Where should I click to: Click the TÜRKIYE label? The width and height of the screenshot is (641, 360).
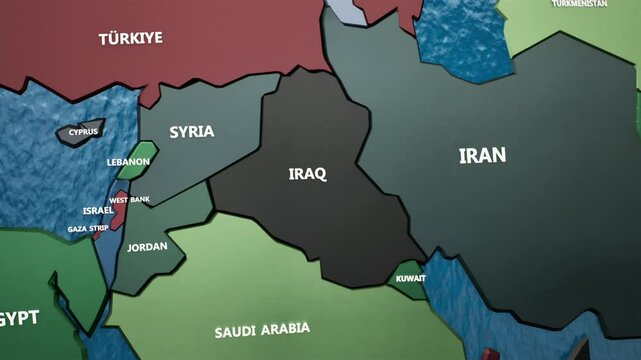coord(130,39)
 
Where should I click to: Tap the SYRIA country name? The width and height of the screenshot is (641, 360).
coord(191,131)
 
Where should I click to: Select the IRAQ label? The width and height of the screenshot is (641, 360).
coord(307,174)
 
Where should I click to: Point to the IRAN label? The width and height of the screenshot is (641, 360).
coord(482,155)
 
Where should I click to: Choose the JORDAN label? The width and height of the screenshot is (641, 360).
coord(148,247)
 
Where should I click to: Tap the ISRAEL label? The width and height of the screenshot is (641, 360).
coord(98,211)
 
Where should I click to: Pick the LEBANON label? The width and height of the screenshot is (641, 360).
coord(128,162)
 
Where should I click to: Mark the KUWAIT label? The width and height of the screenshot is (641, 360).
coord(411,278)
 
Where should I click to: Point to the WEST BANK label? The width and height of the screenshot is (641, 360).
coord(129,200)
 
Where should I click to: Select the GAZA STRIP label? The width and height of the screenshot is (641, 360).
coord(88,229)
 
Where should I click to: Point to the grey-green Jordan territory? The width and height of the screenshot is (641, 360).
coord(150,262)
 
